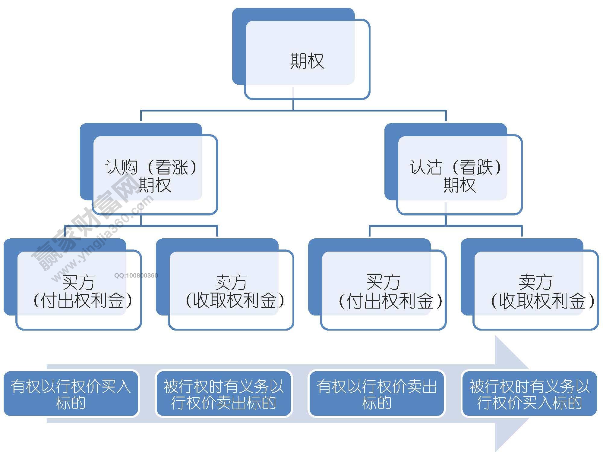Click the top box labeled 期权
coord(307,60)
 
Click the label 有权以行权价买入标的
coord(71,394)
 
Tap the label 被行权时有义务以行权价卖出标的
coord(223,394)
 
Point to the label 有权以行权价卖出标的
coord(376,394)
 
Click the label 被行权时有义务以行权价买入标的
coord(529,394)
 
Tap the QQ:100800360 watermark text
coord(136,275)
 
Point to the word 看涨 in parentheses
coord(172,167)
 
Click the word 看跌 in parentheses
coord(476,167)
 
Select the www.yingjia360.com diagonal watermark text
coord(103,238)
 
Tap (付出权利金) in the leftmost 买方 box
coord(82,300)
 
